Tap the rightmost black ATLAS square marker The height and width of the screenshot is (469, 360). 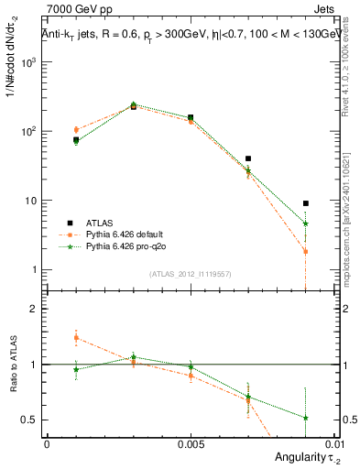[305, 203]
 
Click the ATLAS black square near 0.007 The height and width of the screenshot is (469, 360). [248, 158]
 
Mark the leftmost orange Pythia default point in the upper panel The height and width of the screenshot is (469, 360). [76, 130]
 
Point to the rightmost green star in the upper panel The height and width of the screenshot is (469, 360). [305, 224]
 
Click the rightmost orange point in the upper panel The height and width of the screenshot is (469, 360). [305, 251]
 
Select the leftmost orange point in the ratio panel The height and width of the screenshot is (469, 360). [76, 337]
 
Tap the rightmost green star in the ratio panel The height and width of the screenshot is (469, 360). [305, 418]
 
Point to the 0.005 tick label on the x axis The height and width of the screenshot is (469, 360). [191, 442]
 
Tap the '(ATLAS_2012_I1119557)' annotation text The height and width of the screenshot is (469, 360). [191, 274]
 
